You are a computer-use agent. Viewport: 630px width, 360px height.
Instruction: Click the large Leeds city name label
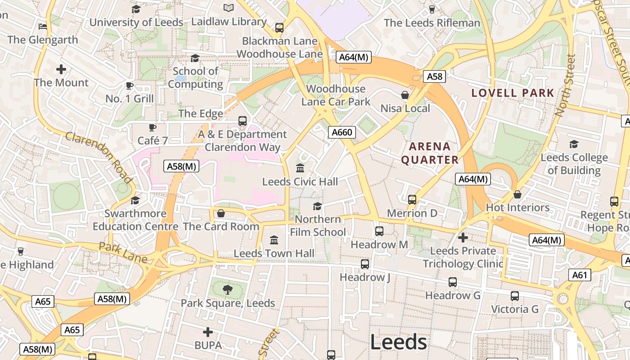tap(398, 342)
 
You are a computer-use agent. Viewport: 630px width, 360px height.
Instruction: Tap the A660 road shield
tap(342, 132)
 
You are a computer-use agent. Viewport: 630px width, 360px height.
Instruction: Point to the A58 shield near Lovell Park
tap(434, 76)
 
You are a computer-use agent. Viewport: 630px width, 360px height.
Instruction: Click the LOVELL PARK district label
tap(513, 93)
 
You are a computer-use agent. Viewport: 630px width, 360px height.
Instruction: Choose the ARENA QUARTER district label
tap(429, 153)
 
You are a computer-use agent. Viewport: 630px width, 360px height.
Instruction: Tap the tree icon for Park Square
tap(228, 289)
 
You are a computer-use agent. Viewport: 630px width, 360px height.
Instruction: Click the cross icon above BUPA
tap(207, 332)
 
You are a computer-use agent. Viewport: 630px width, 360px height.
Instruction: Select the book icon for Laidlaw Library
tap(229, 8)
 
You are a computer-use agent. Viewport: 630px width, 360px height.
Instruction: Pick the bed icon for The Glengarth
tap(43, 26)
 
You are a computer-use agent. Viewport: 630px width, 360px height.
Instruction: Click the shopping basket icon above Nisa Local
tap(405, 95)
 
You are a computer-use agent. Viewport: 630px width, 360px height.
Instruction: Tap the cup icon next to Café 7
tap(153, 127)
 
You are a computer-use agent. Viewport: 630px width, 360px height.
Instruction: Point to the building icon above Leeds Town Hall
tap(274, 240)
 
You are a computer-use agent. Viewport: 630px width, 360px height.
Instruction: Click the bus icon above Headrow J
tap(364, 264)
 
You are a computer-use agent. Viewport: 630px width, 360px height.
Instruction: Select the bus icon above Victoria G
tap(514, 296)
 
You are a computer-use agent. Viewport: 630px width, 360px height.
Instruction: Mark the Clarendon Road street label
tap(99, 157)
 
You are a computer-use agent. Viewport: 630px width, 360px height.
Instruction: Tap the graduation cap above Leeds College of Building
tap(574, 144)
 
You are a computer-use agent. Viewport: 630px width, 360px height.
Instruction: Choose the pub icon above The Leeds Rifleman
tap(432, 9)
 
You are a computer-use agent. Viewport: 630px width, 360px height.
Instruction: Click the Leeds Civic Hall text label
tap(300, 182)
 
